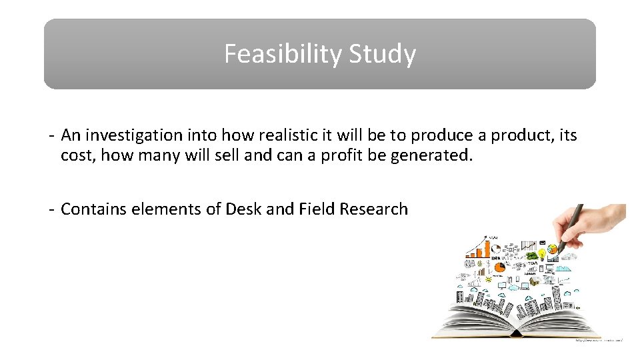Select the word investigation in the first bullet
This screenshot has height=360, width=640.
point(133,135)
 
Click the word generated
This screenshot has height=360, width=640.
point(440,156)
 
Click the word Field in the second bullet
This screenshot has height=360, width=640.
point(317,209)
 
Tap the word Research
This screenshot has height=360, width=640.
point(373,209)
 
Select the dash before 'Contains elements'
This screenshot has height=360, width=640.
point(51,209)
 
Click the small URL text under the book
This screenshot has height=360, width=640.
point(599,340)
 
